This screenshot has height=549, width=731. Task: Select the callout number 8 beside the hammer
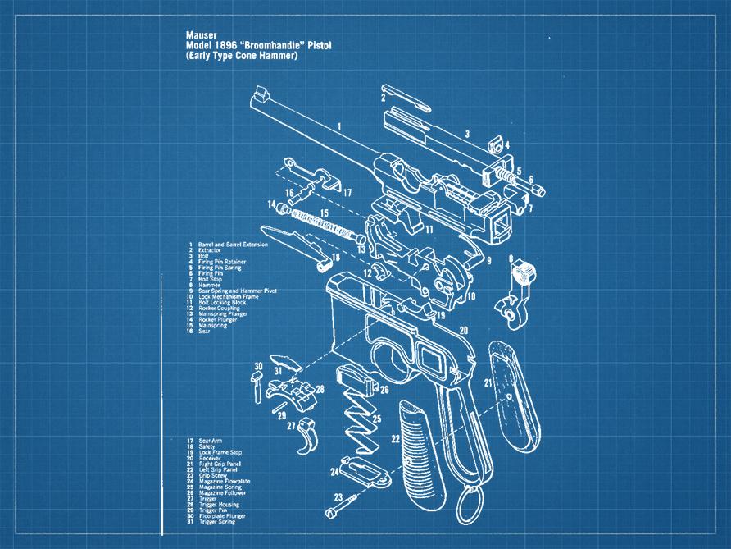tap(511, 259)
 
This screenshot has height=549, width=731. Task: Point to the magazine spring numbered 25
tap(360, 423)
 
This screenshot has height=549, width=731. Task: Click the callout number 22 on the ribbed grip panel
tap(395, 440)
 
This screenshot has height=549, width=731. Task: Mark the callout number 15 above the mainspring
tap(325, 213)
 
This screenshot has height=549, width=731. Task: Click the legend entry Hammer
tap(208, 284)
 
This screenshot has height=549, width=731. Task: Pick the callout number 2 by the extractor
tap(383, 97)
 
